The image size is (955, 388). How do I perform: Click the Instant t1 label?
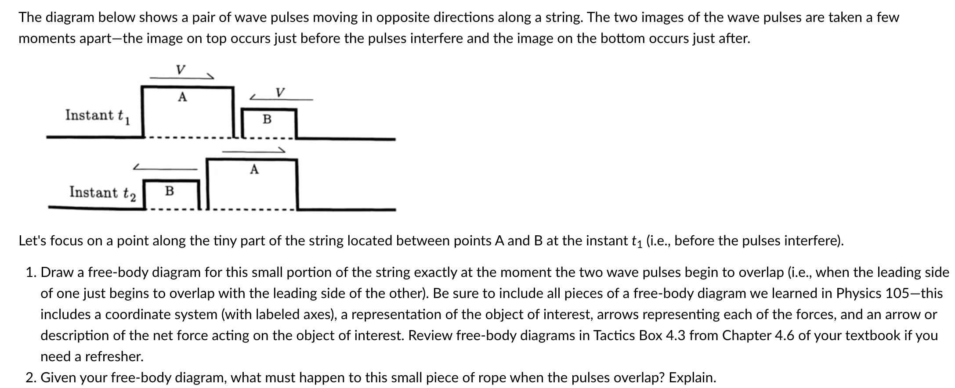[97, 116]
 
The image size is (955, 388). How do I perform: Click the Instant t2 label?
[102, 193]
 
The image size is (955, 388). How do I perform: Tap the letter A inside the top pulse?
[182, 97]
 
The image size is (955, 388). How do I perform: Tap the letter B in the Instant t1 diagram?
[267, 119]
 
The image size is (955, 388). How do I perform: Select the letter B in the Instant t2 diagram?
[169, 191]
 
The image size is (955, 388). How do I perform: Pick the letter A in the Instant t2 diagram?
[254, 169]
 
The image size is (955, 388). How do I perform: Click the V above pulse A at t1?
[180, 70]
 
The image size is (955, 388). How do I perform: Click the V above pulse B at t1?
[280, 93]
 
